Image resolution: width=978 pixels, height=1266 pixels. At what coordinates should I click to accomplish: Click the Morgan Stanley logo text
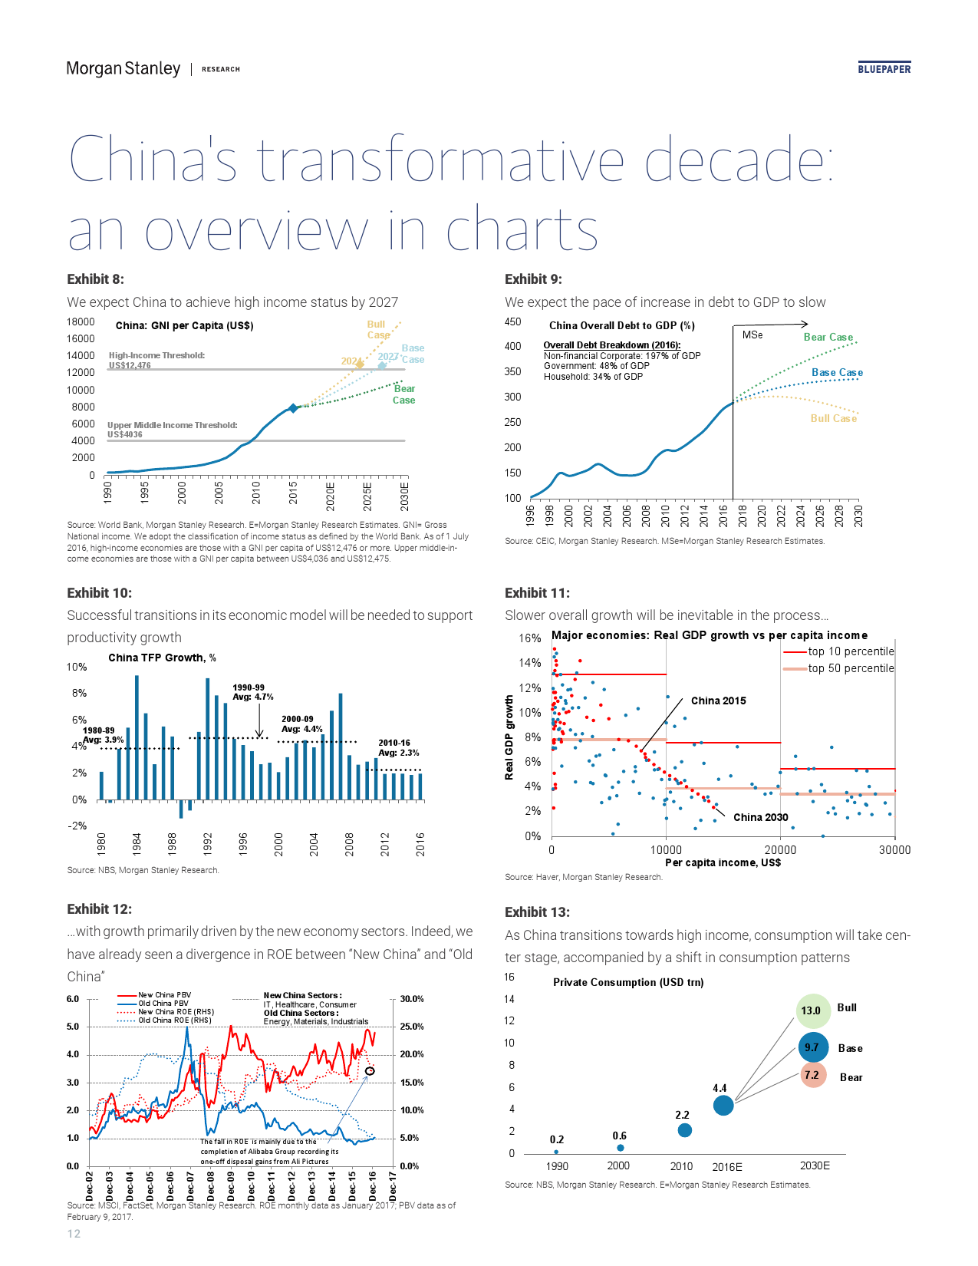[123, 68]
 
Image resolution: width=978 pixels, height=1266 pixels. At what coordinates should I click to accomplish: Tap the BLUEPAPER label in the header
[884, 69]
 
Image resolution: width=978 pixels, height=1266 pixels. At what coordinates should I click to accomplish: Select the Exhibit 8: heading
[95, 279]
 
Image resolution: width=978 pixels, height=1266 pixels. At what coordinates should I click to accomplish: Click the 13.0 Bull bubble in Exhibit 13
[812, 1010]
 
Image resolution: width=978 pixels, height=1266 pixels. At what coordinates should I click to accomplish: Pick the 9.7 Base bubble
[812, 1047]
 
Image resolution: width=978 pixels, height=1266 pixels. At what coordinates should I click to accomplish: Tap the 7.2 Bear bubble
[812, 1076]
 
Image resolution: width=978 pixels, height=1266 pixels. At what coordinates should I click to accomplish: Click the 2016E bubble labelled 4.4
[723, 1105]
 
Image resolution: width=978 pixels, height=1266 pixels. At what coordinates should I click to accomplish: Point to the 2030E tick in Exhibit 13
[815, 1165]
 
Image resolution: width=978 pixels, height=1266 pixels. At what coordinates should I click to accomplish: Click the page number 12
[74, 1233]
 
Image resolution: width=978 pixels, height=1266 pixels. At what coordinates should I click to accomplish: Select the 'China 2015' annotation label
[718, 701]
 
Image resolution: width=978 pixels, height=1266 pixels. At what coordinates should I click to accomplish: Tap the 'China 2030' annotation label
[760, 817]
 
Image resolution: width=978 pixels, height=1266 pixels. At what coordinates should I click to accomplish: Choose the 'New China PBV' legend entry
[164, 995]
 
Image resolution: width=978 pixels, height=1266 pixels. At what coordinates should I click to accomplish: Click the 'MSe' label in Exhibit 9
[752, 335]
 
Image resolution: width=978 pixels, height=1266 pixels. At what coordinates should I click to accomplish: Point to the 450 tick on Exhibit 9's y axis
[512, 321]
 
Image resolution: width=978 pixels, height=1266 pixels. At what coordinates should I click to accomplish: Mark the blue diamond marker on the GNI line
[293, 408]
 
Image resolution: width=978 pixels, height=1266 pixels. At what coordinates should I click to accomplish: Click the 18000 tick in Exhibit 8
[81, 321]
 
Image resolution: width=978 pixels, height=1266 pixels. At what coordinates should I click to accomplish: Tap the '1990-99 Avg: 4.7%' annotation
[252, 692]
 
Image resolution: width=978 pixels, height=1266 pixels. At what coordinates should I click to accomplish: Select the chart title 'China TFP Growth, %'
[162, 658]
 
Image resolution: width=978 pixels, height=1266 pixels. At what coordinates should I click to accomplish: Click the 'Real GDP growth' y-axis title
[509, 737]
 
